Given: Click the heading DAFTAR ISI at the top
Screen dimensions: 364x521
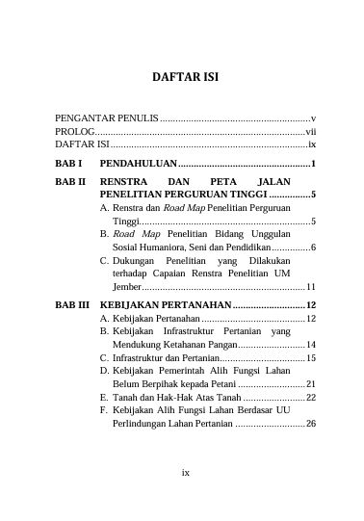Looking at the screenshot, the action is point(181,77).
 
